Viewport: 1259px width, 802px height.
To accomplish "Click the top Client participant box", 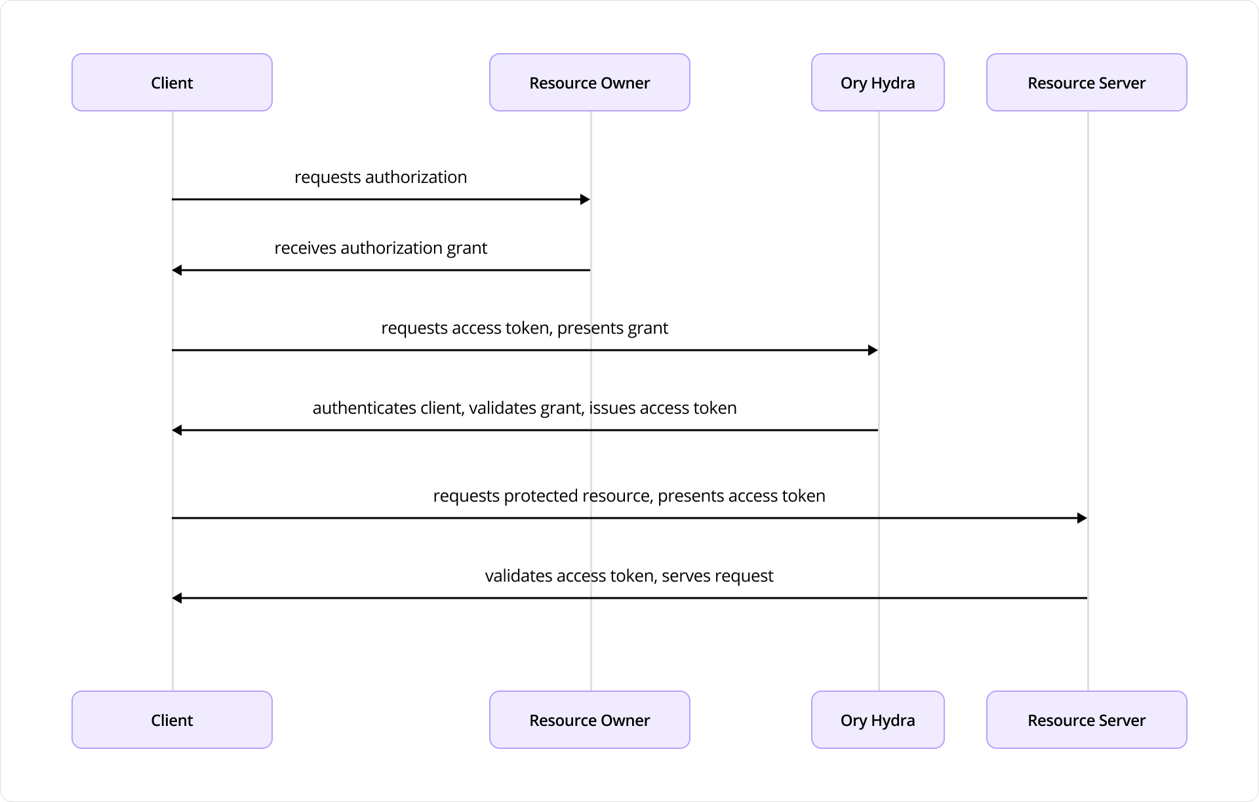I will [x=172, y=83].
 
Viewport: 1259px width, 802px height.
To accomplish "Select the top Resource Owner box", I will [x=589, y=83].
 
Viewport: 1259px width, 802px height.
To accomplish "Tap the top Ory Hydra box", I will [x=877, y=83].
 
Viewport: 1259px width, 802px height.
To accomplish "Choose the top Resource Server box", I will [x=1086, y=83].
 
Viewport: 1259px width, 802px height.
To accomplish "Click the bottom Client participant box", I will [x=172, y=719].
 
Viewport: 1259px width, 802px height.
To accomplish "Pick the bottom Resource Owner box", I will [x=589, y=719].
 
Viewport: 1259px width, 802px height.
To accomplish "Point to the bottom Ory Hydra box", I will [x=877, y=719].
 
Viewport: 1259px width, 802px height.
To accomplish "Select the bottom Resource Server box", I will [x=1086, y=719].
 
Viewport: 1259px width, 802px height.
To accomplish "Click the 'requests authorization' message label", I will [x=380, y=177].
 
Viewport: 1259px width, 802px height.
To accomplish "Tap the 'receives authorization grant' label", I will [x=380, y=248].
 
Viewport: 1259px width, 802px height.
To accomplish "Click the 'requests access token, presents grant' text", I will [x=525, y=328].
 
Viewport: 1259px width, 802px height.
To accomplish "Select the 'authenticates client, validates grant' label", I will [x=525, y=408].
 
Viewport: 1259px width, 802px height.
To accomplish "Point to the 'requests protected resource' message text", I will [x=629, y=496].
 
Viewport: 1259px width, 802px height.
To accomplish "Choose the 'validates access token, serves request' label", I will [x=629, y=576].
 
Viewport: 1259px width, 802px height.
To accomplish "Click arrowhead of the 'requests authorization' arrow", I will [x=585, y=199].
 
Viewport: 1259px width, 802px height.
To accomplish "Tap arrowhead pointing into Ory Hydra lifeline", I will [x=873, y=350].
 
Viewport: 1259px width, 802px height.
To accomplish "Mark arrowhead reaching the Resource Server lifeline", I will [x=1082, y=518].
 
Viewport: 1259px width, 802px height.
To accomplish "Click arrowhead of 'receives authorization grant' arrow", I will [x=177, y=270].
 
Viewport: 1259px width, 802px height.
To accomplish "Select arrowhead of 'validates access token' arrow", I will [x=177, y=598].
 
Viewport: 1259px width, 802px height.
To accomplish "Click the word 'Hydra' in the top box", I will [x=892, y=83].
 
